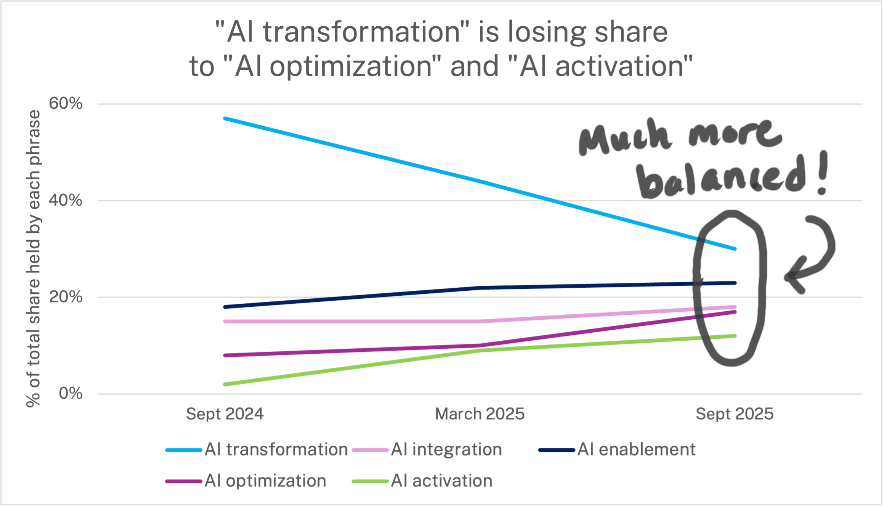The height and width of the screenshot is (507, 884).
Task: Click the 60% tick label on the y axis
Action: point(66,103)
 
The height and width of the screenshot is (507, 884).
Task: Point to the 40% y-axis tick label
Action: point(66,200)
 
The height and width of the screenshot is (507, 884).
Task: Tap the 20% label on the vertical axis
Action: point(66,297)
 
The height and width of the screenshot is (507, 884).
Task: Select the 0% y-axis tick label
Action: point(71,393)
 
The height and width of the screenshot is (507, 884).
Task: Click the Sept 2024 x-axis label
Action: point(225,414)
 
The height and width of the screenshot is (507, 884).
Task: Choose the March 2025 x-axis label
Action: point(480,414)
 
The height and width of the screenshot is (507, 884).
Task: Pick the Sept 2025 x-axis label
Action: point(734,414)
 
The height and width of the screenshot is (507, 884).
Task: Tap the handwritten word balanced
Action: point(720,179)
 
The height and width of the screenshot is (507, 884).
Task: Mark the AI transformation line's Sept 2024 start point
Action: point(225,119)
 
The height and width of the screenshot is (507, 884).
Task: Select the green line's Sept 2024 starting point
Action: point(225,384)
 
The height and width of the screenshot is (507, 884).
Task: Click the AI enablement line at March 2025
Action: point(480,288)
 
